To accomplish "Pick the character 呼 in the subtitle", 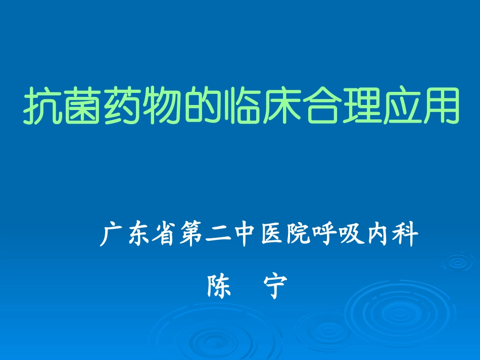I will (x=325, y=235).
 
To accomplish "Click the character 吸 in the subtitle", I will (x=352, y=235).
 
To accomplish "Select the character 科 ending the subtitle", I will (x=406, y=235).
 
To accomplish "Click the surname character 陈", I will (x=219, y=286).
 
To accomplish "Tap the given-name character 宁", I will (x=275, y=286).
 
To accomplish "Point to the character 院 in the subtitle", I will (x=299, y=235).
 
